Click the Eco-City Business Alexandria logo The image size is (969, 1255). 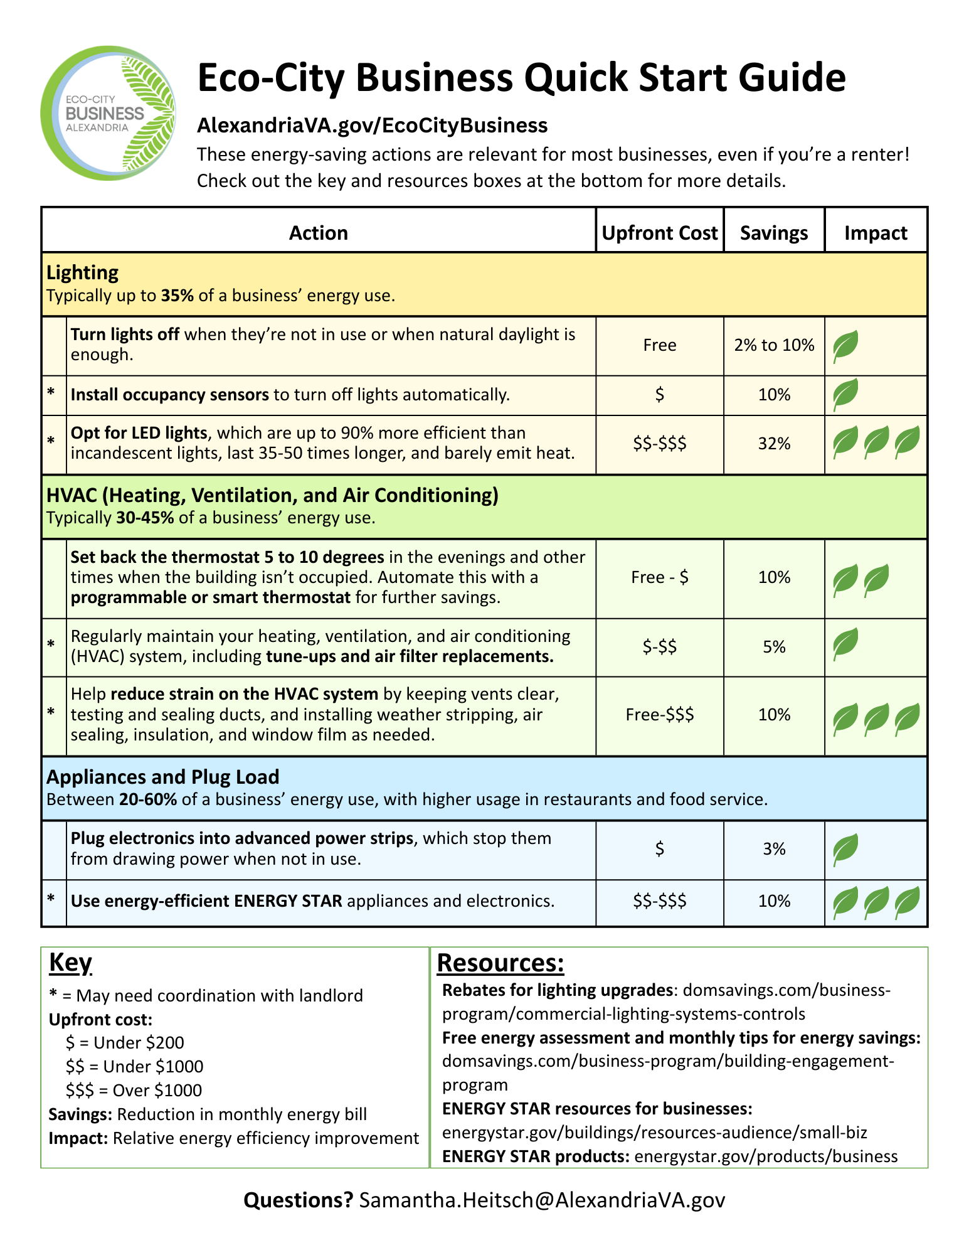[108, 114]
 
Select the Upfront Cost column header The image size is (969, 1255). [659, 233]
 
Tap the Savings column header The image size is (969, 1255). [773, 233]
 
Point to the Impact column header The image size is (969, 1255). [876, 233]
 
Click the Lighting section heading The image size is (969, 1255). [82, 272]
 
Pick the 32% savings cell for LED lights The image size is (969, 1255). [774, 444]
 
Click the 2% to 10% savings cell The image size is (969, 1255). [774, 345]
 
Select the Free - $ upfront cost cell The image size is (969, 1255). [659, 577]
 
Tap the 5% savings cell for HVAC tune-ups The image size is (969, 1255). [774, 647]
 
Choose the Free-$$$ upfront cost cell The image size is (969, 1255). [659, 715]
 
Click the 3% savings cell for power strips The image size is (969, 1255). [774, 849]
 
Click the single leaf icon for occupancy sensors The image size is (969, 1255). [845, 394]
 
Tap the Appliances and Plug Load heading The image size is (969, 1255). [162, 777]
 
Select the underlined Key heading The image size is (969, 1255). [70, 962]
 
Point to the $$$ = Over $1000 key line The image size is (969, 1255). [134, 1090]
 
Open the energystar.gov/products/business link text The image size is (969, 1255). [766, 1156]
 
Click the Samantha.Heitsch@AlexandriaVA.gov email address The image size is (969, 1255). [542, 1200]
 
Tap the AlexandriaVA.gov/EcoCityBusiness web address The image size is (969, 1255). [372, 125]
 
